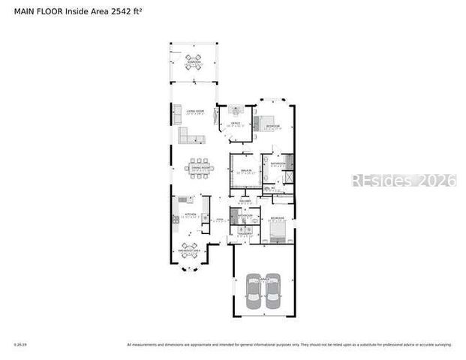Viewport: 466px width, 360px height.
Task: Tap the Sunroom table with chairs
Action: coord(194,61)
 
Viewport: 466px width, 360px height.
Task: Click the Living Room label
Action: coord(195,112)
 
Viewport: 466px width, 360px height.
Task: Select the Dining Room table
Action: coord(199,166)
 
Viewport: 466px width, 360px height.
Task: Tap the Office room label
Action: coord(235,122)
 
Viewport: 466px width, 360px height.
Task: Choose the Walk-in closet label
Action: coord(245,172)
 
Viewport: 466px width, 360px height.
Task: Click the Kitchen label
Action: coord(189,216)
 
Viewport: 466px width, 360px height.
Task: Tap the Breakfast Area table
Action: coord(189,248)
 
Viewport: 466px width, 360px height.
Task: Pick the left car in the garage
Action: coord(253,292)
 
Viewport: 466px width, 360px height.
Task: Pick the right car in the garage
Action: coord(272,292)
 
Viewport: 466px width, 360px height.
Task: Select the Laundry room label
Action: coord(245,233)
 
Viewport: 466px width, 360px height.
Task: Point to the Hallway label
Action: coord(245,201)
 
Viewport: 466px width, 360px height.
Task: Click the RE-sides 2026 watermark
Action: coord(404,181)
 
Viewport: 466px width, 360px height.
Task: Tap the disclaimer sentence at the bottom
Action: coord(289,345)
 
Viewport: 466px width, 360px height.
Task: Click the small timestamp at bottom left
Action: coord(20,345)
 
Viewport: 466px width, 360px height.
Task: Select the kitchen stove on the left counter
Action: coord(174,218)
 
